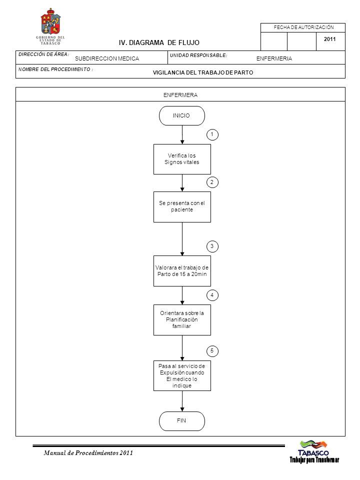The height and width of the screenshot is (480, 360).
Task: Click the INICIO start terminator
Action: [x=182, y=115]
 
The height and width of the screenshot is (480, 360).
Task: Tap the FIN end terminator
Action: [x=182, y=421]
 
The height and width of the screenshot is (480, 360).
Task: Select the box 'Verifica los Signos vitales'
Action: [x=182, y=159]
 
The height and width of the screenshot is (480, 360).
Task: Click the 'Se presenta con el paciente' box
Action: [x=182, y=207]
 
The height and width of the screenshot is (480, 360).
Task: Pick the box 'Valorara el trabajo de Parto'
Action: [x=182, y=271]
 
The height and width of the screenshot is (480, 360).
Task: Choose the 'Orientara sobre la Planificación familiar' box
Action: [x=182, y=320]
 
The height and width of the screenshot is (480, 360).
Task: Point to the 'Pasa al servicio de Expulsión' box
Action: [x=182, y=375]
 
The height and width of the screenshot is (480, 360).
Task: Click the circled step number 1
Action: [x=212, y=134]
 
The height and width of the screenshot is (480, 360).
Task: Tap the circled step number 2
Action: [x=212, y=182]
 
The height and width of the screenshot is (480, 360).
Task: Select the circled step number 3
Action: [x=212, y=246]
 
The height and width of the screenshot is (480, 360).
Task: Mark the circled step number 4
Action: [x=212, y=295]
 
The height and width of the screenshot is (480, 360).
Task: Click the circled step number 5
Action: [x=212, y=351]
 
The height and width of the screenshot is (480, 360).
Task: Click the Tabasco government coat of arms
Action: [x=50, y=21]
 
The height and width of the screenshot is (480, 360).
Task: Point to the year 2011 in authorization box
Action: [x=329, y=39]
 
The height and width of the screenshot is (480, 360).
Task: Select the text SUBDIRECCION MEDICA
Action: [x=107, y=58]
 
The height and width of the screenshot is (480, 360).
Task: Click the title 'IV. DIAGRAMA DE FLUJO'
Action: [x=159, y=43]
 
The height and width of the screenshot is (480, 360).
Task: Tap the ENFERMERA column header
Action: [x=180, y=95]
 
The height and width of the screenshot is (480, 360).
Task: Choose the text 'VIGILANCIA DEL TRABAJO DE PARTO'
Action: [x=203, y=72]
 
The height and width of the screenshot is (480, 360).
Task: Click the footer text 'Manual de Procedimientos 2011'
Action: [x=88, y=453]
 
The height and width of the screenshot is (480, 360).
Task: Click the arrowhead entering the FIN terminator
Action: [x=182, y=409]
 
